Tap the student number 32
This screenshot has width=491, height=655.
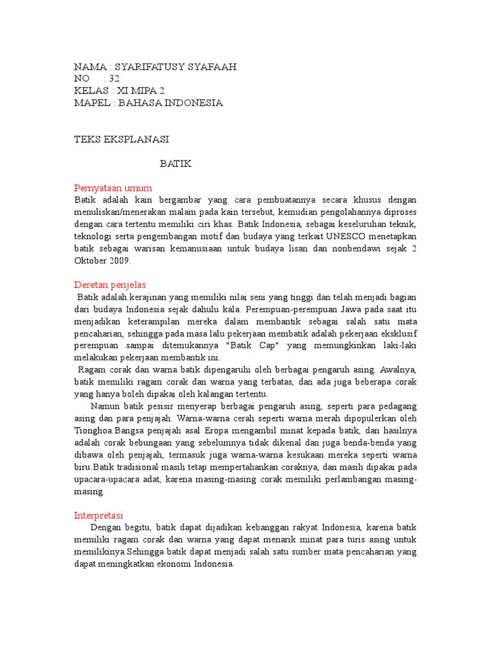point(114,79)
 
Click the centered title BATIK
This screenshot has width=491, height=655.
point(175,164)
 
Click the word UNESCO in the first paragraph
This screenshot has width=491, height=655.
point(345,237)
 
